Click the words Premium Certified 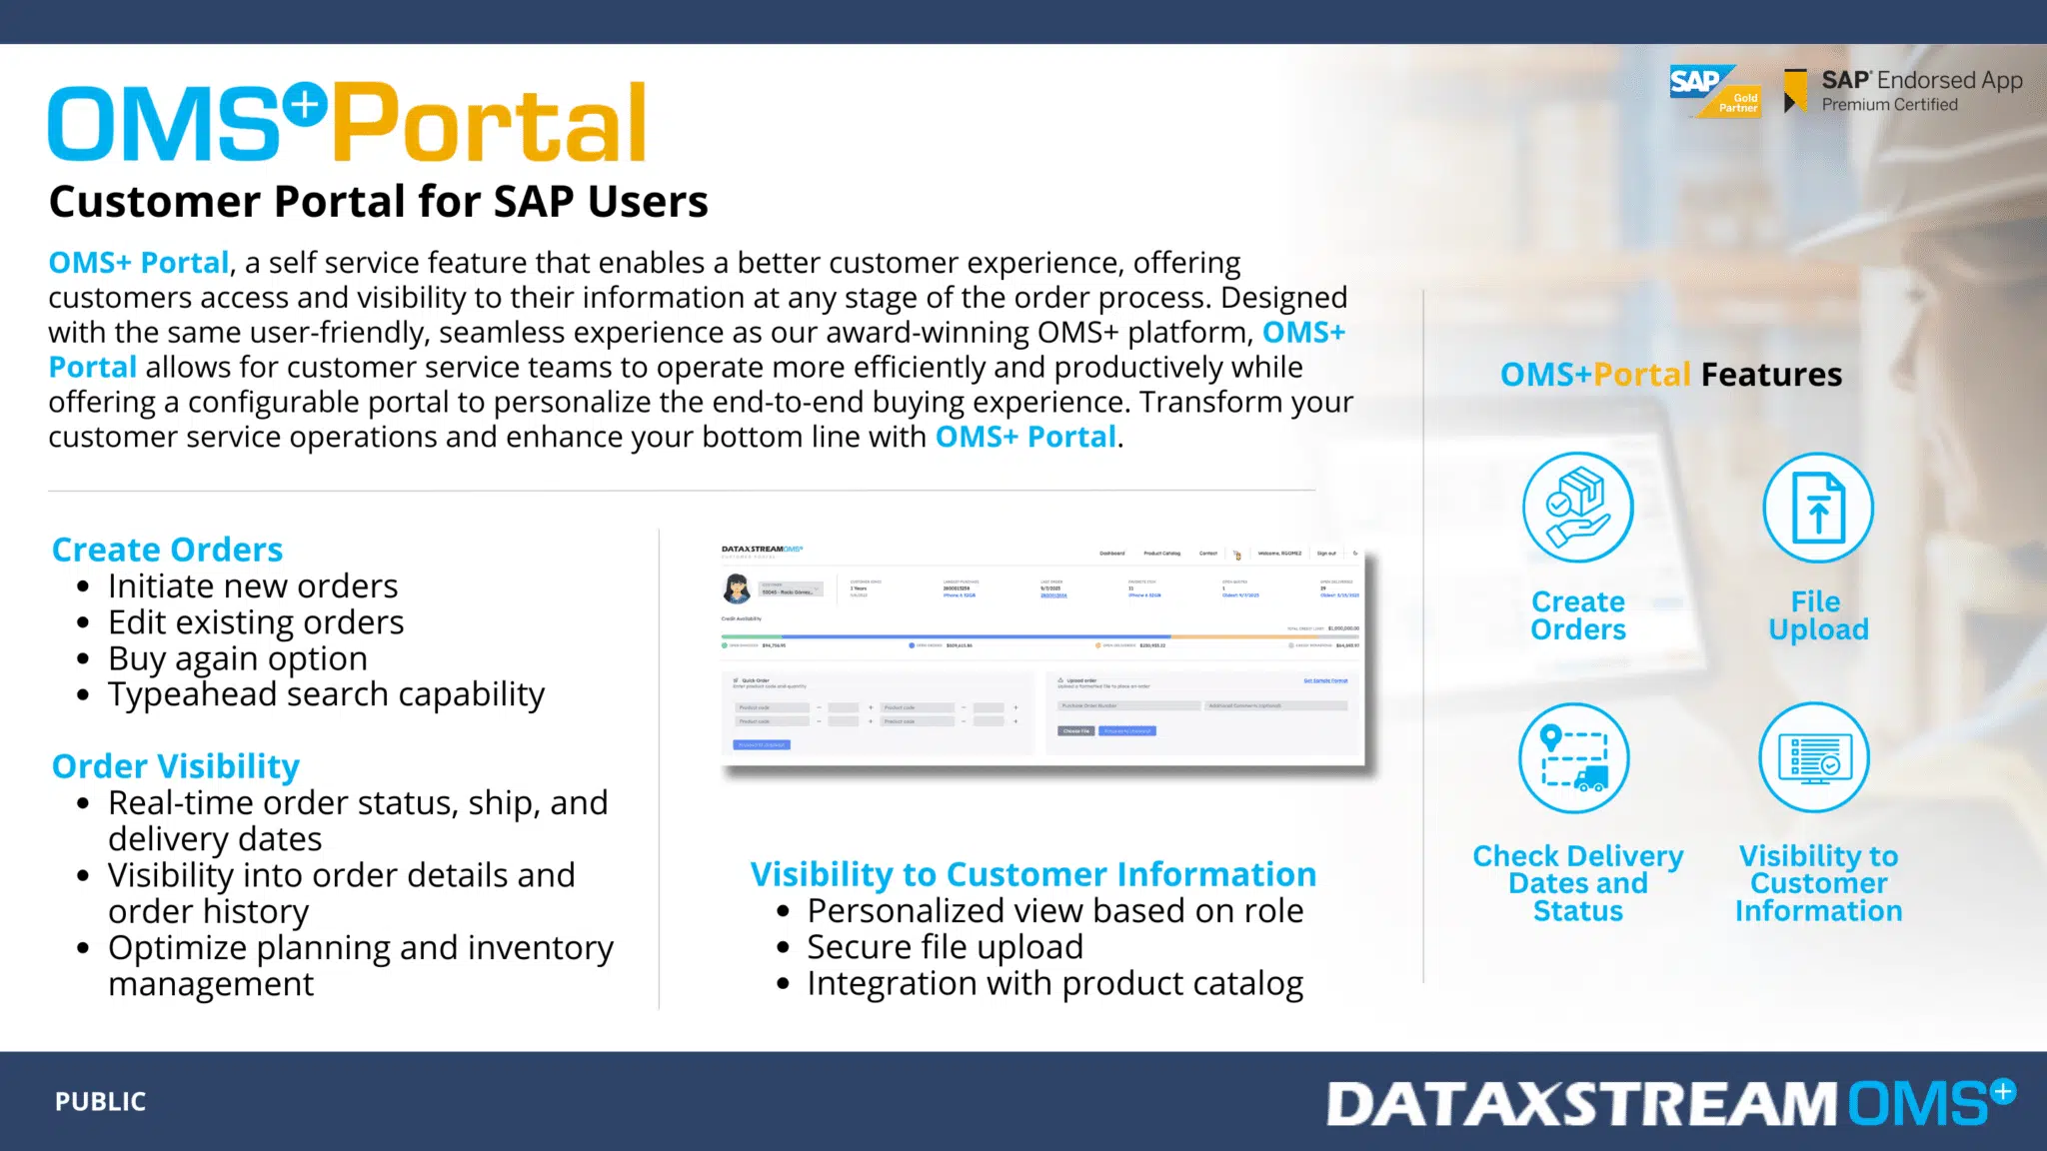point(1889,105)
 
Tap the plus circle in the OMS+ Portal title point(304,105)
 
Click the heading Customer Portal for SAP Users point(378,202)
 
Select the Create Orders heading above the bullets point(167,550)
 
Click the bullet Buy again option point(237,658)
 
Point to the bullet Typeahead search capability point(326,694)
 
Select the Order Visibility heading point(175,766)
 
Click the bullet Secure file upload point(945,946)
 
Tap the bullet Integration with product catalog point(1054,983)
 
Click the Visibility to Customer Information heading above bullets point(1032,874)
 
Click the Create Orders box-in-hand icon point(1577,507)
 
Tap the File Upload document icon point(1817,507)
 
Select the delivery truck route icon point(1573,758)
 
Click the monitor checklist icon point(1814,758)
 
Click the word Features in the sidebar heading point(1771,375)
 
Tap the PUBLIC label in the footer point(100,1101)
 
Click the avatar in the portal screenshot point(737,588)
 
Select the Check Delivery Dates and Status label point(1577,883)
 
